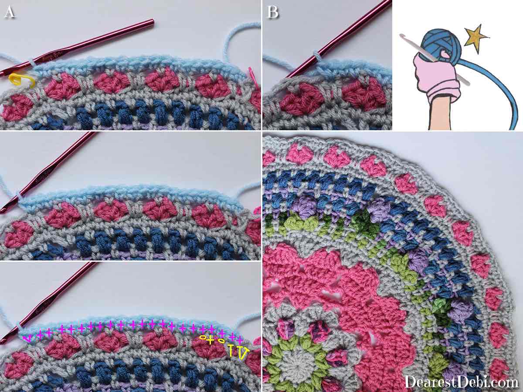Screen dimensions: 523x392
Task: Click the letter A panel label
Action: pyautogui.click(x=10, y=12)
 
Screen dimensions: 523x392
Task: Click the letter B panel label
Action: pyautogui.click(x=273, y=12)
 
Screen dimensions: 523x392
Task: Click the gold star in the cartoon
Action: pyautogui.click(x=475, y=38)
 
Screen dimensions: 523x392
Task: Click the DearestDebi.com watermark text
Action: pyautogui.click(x=461, y=375)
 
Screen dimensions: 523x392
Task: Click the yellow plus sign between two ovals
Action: pyautogui.click(x=211, y=341)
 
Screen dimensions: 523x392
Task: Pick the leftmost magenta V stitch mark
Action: pyautogui.click(x=27, y=338)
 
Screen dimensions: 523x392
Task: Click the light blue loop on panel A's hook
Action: pyautogui.click(x=33, y=62)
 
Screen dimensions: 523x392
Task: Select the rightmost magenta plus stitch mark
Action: pyautogui.click(x=240, y=340)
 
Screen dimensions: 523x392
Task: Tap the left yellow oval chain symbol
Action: pyautogui.click(x=203, y=337)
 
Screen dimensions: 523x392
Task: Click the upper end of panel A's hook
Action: pyautogui.click(x=152, y=22)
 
